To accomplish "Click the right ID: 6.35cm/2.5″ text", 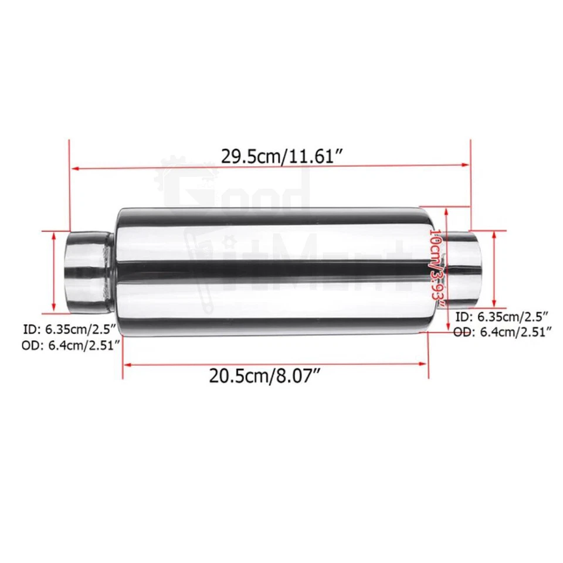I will pyautogui.click(x=503, y=317).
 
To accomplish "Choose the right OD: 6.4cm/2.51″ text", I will pyautogui.click(x=503, y=333).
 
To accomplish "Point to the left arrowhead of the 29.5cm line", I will pyautogui.click(x=74, y=168).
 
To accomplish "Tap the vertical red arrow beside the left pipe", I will pyautogui.click(x=55, y=271).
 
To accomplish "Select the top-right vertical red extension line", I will pyautogui.click(x=470, y=182).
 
